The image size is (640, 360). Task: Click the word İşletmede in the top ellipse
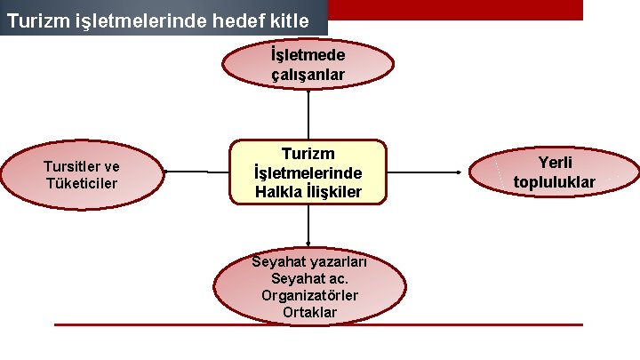pyautogui.click(x=308, y=56)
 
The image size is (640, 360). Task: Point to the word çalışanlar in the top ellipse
pyautogui.click(x=308, y=75)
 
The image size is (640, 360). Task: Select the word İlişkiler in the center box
pyautogui.click(x=334, y=191)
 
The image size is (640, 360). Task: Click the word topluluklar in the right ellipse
pyautogui.click(x=555, y=182)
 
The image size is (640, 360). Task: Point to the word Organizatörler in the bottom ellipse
pyautogui.click(x=309, y=295)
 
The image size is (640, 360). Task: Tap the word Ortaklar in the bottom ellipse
pyautogui.click(x=309, y=312)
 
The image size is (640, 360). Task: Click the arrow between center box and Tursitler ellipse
pyautogui.click(x=196, y=172)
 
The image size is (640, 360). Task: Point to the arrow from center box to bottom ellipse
pyautogui.click(x=308, y=226)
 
